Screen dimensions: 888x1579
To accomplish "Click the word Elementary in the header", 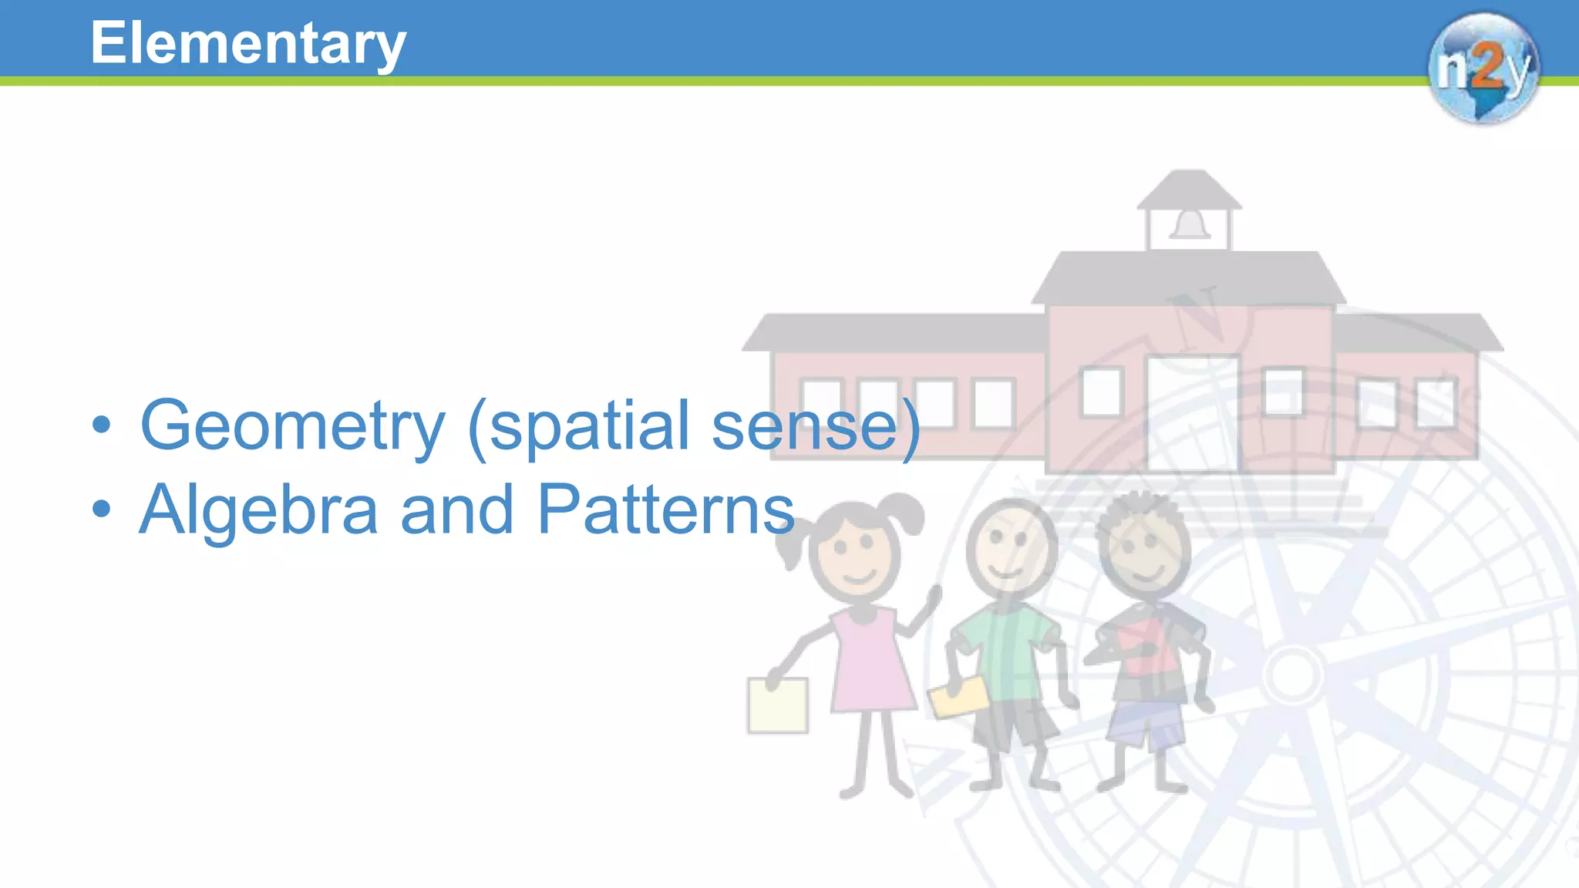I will (x=247, y=44).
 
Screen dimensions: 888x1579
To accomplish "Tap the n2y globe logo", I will (x=1483, y=68).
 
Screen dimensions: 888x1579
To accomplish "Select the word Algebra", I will (x=258, y=510).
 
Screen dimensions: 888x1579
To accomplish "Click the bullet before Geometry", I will (x=101, y=425).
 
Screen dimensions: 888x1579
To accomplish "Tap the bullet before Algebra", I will (x=101, y=509).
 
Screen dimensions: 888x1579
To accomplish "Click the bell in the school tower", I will (x=1190, y=225).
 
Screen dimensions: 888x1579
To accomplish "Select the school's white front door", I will (x=1192, y=413).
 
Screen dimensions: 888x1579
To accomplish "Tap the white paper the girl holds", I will (x=777, y=705).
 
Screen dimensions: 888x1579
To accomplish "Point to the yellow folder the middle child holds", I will (x=958, y=697).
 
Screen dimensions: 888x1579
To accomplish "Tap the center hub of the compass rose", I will (x=1293, y=674).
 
